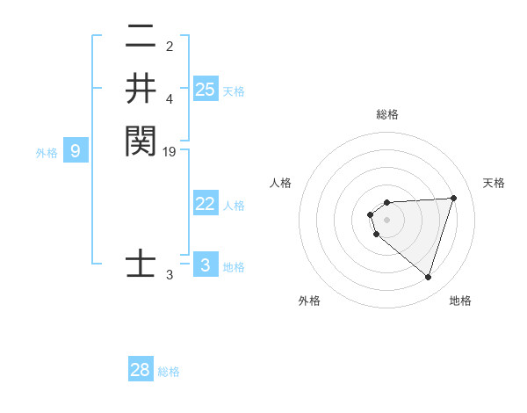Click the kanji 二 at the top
(141, 38)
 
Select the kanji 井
(141, 89)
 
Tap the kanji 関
(141, 141)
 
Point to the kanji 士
(141, 264)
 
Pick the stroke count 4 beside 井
(170, 99)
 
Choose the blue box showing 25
(206, 90)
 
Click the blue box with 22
(206, 204)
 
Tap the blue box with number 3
(206, 265)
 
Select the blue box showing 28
(141, 370)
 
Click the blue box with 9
(76, 151)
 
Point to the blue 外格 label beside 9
(47, 153)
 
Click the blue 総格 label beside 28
(169, 372)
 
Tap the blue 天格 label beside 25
(234, 91)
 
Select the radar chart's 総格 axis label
(386, 114)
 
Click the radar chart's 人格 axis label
(281, 183)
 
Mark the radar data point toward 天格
(453, 198)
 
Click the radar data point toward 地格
(428, 278)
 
